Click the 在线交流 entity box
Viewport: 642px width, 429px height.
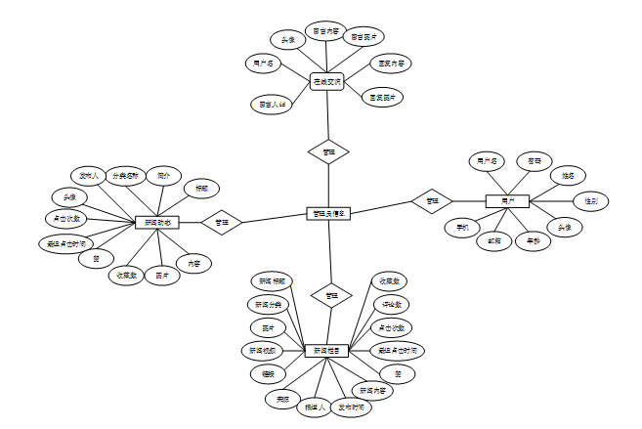click(326, 82)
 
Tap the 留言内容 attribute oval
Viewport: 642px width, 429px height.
click(324, 31)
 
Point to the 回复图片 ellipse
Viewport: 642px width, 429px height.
click(382, 97)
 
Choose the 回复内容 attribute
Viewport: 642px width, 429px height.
click(392, 64)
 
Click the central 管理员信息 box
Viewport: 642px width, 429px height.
click(327, 212)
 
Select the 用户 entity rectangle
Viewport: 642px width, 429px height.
click(507, 201)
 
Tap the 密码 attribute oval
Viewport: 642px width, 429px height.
click(535, 159)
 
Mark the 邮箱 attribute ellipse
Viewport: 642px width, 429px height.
click(495, 240)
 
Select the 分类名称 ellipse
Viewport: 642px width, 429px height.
click(126, 177)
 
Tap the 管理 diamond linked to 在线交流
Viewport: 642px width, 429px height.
click(328, 151)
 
